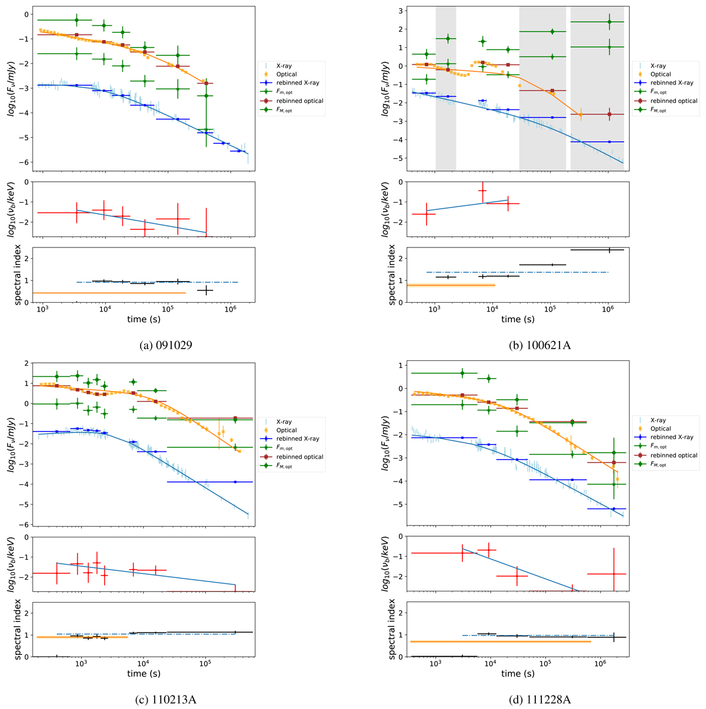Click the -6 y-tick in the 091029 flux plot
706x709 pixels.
click(x=25, y=163)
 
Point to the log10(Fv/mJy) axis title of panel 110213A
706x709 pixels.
click(x=9, y=444)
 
